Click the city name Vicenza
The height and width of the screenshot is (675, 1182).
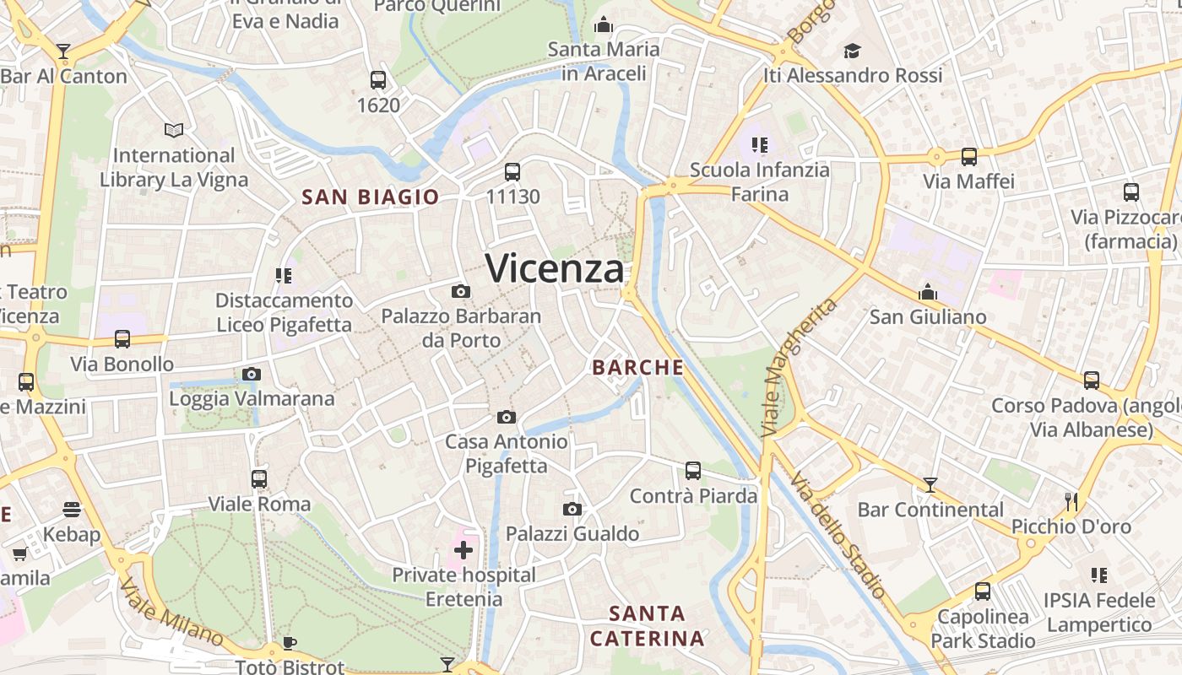[x=555, y=269]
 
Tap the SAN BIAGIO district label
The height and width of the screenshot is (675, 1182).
[x=371, y=197]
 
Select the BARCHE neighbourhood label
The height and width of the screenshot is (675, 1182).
[x=637, y=368]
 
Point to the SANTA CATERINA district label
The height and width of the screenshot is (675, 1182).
[x=647, y=626]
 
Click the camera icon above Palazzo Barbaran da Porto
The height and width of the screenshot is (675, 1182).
[x=460, y=292]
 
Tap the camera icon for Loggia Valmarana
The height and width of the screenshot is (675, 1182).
[x=251, y=375]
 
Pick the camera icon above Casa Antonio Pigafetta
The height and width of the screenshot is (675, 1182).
[x=506, y=418]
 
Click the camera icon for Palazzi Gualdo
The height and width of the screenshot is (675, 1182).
[x=572, y=510]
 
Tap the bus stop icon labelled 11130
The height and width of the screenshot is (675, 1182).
[x=512, y=172]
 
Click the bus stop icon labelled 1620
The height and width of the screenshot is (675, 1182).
[x=377, y=81]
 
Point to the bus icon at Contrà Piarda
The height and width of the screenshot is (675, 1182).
[x=692, y=471]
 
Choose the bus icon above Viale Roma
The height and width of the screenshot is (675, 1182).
[x=258, y=479]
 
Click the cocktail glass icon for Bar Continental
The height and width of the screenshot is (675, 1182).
[x=930, y=485]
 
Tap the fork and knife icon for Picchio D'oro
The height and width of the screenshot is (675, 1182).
[x=1071, y=502]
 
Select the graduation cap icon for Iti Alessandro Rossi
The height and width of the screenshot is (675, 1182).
[x=852, y=51]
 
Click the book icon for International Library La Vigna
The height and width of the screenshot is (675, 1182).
[x=173, y=131]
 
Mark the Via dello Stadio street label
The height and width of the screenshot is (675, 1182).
[x=838, y=535]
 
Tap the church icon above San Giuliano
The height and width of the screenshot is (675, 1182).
[x=927, y=292]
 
